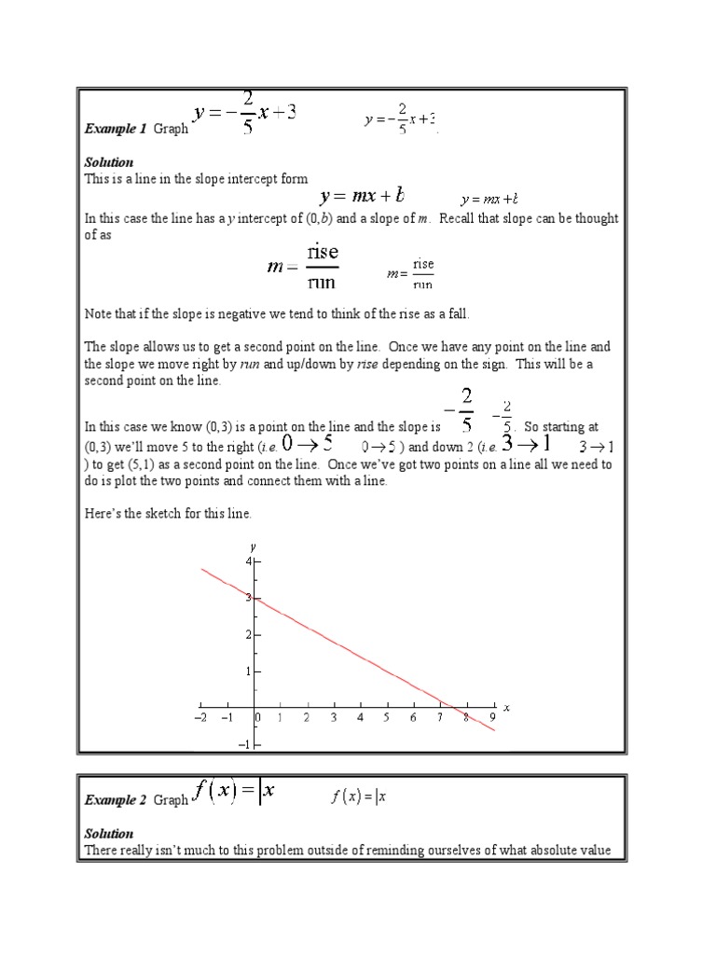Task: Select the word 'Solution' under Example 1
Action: [x=109, y=162]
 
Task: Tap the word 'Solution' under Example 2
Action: [x=109, y=834]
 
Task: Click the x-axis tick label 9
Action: [x=493, y=717]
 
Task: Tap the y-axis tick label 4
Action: [x=249, y=561]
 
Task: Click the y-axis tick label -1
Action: [x=245, y=744]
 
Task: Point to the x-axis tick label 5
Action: [x=386, y=717]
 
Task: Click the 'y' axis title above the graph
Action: [x=254, y=545]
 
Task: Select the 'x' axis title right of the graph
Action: [x=506, y=708]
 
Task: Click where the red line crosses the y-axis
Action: [x=255, y=598]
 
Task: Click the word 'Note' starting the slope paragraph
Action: [x=97, y=315]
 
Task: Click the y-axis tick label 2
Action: [x=249, y=634]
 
